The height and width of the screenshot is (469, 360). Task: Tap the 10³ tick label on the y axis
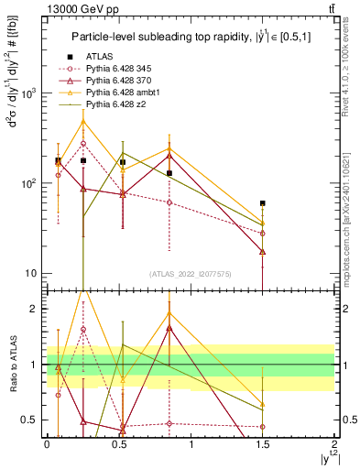tap(30, 94)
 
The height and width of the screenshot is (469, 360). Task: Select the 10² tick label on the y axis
tap(30, 184)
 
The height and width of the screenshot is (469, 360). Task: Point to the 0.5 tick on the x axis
tap(119, 443)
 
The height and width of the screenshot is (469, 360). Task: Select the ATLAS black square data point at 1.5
tap(263, 203)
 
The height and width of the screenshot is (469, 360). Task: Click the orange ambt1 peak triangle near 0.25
tap(83, 121)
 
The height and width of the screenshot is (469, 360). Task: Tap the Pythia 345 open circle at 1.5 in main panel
tap(263, 234)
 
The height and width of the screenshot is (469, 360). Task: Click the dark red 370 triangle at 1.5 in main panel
tap(263, 252)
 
